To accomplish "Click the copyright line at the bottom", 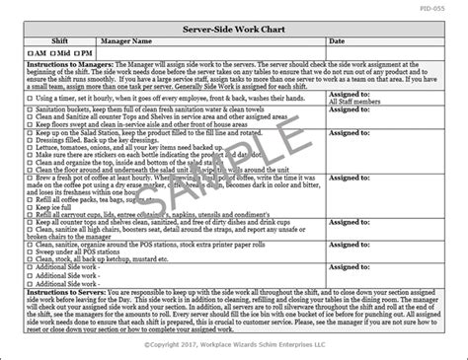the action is point(234,350).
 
